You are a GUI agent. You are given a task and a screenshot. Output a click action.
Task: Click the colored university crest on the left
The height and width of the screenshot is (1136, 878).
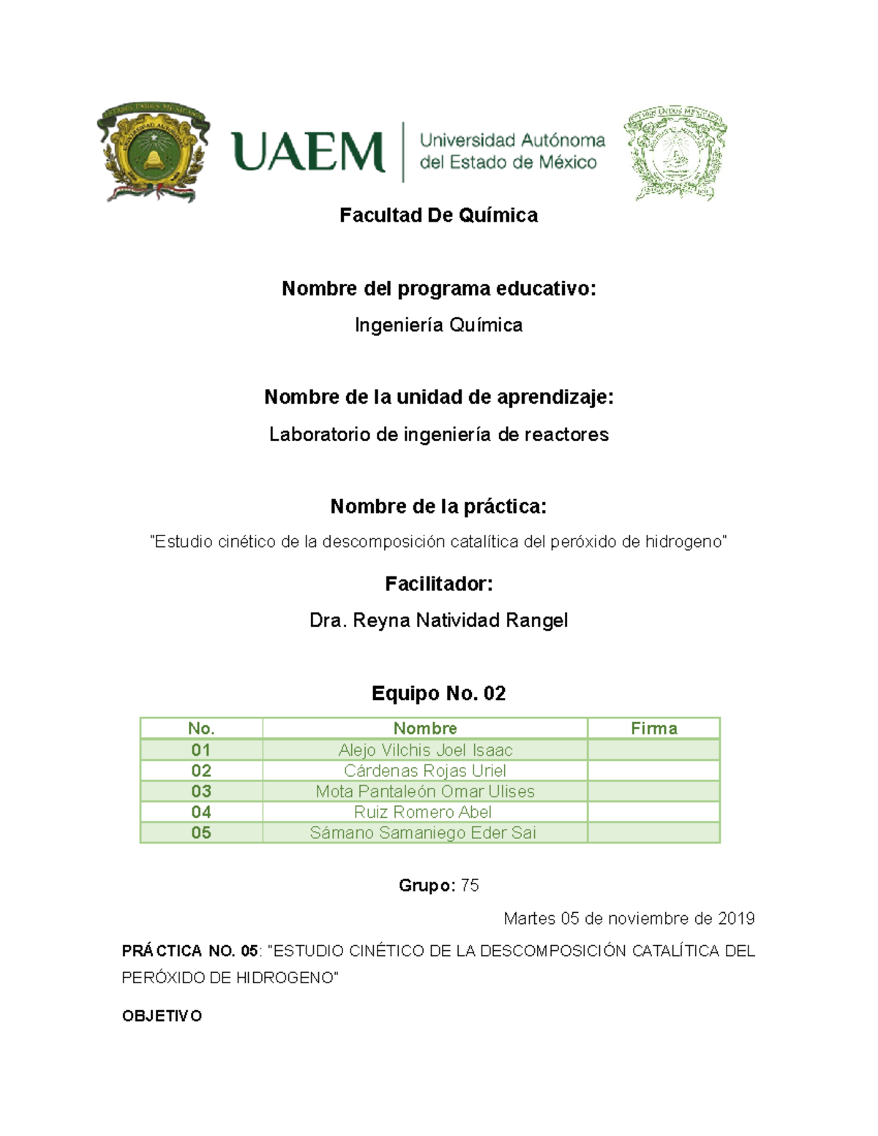click(153, 152)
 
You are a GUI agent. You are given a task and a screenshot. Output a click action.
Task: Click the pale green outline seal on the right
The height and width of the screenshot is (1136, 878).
click(675, 153)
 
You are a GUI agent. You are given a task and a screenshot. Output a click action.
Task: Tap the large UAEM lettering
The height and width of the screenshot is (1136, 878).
click(308, 153)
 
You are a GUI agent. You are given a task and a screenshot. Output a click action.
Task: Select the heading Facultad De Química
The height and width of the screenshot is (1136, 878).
click(438, 215)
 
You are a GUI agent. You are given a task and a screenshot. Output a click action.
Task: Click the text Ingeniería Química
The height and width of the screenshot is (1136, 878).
click(438, 325)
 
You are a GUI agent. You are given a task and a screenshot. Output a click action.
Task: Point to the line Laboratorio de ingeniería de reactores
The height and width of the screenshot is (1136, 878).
click(438, 435)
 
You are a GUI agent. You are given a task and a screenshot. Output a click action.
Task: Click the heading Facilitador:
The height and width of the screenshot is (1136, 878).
click(438, 584)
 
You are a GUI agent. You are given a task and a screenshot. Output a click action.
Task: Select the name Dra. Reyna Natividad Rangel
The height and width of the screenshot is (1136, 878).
click(438, 620)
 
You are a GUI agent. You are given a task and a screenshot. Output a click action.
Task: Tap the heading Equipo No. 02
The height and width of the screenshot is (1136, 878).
click(438, 693)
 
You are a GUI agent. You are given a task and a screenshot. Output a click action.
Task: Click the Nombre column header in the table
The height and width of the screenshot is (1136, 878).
click(425, 729)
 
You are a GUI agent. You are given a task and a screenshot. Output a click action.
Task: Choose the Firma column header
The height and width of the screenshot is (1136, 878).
click(653, 729)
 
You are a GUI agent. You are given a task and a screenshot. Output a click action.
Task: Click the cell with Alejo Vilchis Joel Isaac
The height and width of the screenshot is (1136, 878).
click(425, 750)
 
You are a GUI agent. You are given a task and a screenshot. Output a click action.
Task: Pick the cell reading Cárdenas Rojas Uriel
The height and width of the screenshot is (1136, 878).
click(425, 771)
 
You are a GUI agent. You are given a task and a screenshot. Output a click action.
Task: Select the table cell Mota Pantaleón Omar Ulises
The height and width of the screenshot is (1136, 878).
click(425, 791)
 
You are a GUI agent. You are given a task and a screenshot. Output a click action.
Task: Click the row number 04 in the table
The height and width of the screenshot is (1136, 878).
click(201, 812)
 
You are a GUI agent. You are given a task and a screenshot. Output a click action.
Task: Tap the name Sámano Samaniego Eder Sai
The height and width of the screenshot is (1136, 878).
click(423, 832)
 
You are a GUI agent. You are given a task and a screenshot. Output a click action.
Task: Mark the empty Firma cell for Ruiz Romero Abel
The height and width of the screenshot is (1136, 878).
click(653, 812)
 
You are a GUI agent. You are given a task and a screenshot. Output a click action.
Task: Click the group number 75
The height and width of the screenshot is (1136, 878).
click(470, 886)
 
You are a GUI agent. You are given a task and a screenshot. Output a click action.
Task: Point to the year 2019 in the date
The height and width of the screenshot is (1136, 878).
click(736, 919)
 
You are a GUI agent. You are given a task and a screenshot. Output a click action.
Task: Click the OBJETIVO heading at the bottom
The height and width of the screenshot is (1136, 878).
click(162, 1016)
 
